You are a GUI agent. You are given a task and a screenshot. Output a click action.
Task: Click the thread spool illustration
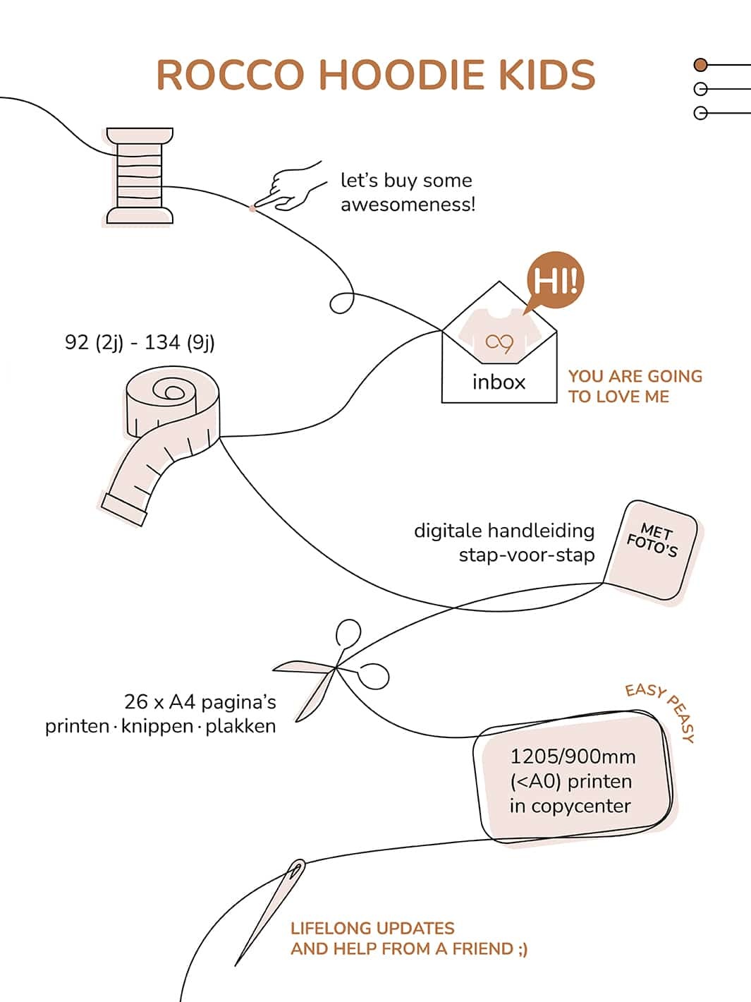(140, 175)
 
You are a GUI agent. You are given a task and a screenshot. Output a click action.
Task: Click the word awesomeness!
(408, 205)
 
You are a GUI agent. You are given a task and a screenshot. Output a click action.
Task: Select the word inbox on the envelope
(499, 382)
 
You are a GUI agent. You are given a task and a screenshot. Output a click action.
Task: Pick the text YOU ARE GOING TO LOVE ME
(635, 386)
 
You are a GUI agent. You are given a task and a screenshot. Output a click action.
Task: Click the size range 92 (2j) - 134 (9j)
(140, 342)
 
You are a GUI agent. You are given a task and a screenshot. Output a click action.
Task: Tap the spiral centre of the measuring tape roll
(169, 390)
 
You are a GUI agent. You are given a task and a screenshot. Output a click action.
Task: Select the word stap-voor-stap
(526, 555)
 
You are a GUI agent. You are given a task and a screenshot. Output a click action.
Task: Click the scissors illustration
(331, 670)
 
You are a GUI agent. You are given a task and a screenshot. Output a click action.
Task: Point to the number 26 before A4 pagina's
(136, 702)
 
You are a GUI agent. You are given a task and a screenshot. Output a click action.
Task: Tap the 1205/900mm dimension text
(573, 756)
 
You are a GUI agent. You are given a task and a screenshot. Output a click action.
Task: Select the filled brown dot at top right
(700, 65)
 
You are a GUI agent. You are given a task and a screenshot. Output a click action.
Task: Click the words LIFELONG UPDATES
(372, 929)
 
